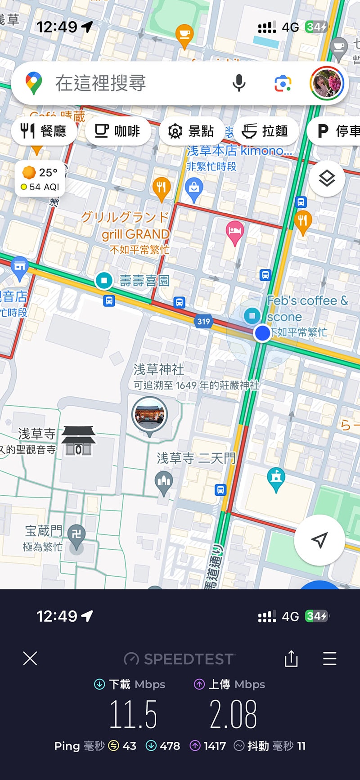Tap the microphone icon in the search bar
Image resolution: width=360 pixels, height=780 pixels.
(x=239, y=83)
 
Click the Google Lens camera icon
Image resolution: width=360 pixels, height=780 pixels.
(x=283, y=84)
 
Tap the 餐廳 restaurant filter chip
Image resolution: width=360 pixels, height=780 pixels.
(x=44, y=131)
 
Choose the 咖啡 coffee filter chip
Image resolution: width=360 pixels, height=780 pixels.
(x=117, y=131)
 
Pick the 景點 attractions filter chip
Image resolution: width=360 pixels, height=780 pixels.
(x=191, y=131)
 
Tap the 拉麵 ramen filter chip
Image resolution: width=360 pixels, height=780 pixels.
(x=265, y=131)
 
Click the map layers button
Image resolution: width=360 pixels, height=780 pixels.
(x=327, y=179)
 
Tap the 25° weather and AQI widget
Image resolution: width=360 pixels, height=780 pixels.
(x=40, y=179)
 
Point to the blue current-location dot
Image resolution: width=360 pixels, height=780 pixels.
(x=262, y=333)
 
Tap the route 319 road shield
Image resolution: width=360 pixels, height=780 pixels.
(x=203, y=321)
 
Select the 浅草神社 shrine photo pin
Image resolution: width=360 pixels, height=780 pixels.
(x=149, y=415)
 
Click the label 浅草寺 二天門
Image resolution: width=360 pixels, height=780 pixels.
(x=196, y=458)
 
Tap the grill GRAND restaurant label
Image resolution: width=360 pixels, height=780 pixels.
(x=135, y=234)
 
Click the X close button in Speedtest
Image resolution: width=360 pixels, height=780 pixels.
(x=30, y=659)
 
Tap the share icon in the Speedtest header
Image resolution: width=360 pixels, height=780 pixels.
(x=291, y=659)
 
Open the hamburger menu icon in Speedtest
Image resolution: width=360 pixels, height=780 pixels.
(x=330, y=659)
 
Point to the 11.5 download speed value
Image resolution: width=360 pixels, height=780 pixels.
(x=133, y=714)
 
